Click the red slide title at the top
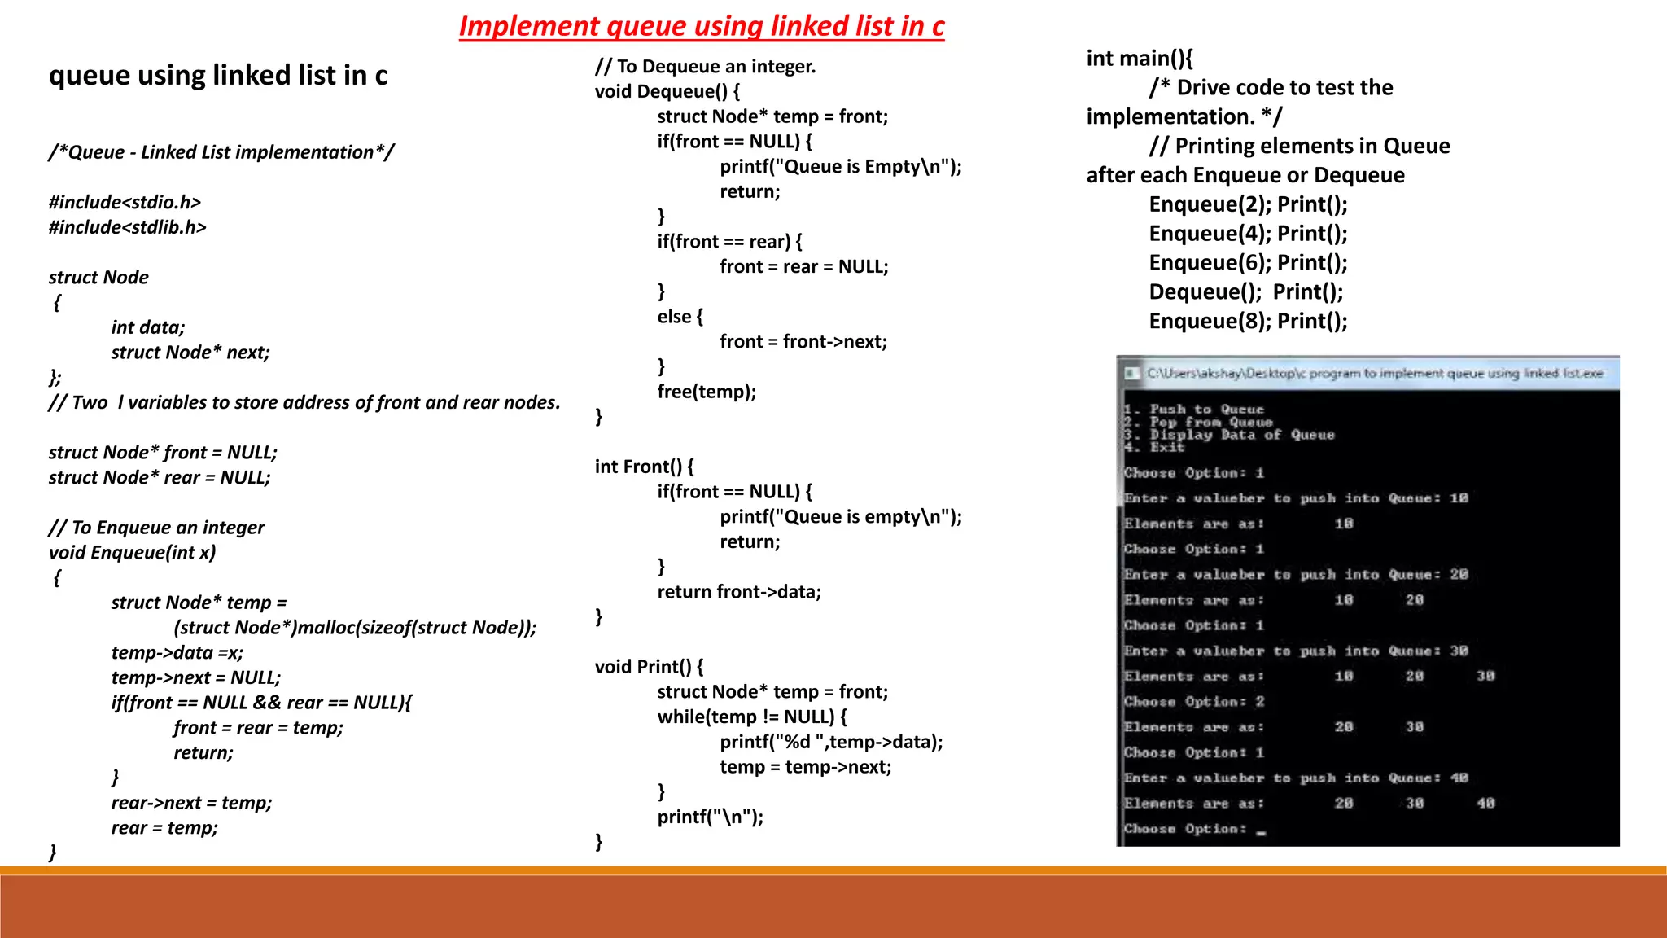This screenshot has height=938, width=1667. click(701, 26)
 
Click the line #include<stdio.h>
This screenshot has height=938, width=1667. click(125, 202)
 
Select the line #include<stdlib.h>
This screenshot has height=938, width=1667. click(128, 227)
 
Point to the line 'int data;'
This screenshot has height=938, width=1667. click(148, 327)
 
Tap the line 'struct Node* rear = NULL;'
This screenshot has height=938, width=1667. click(160, 477)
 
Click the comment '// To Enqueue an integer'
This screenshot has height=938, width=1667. click(156, 528)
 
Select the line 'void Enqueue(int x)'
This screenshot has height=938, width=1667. click(133, 553)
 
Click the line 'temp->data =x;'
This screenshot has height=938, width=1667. click(177, 653)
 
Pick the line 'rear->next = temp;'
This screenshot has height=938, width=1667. click(192, 803)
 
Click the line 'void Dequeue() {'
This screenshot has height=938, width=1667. click(667, 91)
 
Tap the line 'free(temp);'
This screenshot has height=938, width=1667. click(707, 392)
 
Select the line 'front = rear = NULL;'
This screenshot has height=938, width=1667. click(804, 266)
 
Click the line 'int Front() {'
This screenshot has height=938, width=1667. click(645, 467)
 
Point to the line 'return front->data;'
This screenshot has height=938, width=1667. click(739, 592)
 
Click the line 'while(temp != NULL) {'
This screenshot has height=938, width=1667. click(752, 717)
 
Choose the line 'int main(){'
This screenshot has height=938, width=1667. click(1140, 59)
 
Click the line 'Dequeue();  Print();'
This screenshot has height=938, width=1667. click(1246, 292)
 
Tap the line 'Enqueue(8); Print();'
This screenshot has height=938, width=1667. click(1249, 322)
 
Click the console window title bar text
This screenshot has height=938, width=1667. click(1375, 373)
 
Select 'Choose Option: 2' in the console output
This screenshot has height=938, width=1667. click(1194, 702)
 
